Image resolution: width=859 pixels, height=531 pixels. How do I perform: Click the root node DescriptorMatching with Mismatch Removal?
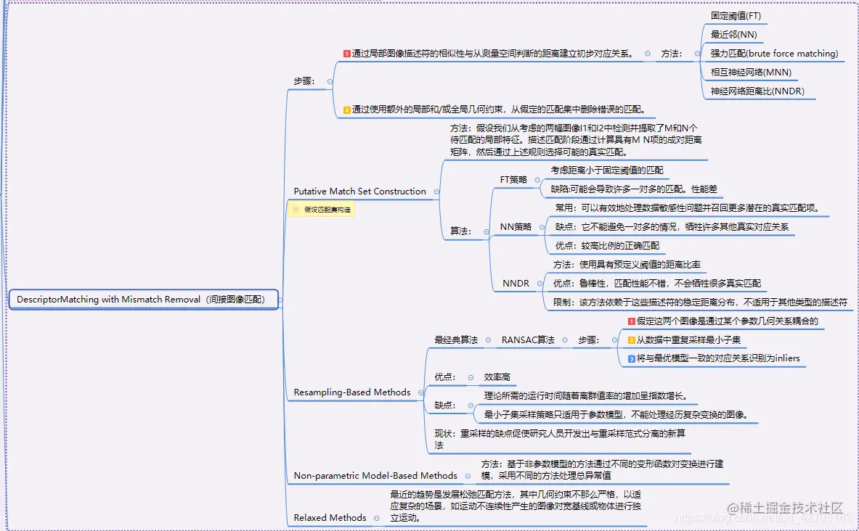pos(141,299)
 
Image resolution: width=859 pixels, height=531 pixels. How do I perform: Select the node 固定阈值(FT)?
pos(736,15)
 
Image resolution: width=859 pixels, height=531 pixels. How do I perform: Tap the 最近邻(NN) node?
pos(733,34)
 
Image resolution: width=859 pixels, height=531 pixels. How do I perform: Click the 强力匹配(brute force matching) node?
pos(774,54)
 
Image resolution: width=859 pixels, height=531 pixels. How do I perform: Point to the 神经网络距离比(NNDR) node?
pos(757,91)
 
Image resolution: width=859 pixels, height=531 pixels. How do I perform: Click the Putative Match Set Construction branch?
pos(359,192)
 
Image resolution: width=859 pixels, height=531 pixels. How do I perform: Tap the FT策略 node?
pos(513,179)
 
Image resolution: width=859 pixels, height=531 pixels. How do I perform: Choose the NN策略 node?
pos(516,227)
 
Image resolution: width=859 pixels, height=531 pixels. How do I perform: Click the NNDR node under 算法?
pos(516,284)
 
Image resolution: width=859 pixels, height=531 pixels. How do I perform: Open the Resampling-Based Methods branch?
pos(352,392)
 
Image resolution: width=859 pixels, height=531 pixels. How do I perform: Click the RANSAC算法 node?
pos(528,339)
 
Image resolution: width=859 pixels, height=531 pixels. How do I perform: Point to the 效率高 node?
pos(497,377)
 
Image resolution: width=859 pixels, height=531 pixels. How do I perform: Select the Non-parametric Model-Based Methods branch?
pos(375,476)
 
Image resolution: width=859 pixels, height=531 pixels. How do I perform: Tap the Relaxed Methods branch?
pos(330,518)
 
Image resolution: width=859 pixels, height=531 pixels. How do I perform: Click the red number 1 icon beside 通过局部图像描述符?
pos(347,54)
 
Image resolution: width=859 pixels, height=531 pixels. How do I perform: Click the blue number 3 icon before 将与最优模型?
pos(632,358)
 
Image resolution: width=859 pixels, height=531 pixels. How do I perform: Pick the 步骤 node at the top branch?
pos(304,81)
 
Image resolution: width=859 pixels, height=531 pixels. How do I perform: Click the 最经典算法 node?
pos(456,339)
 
